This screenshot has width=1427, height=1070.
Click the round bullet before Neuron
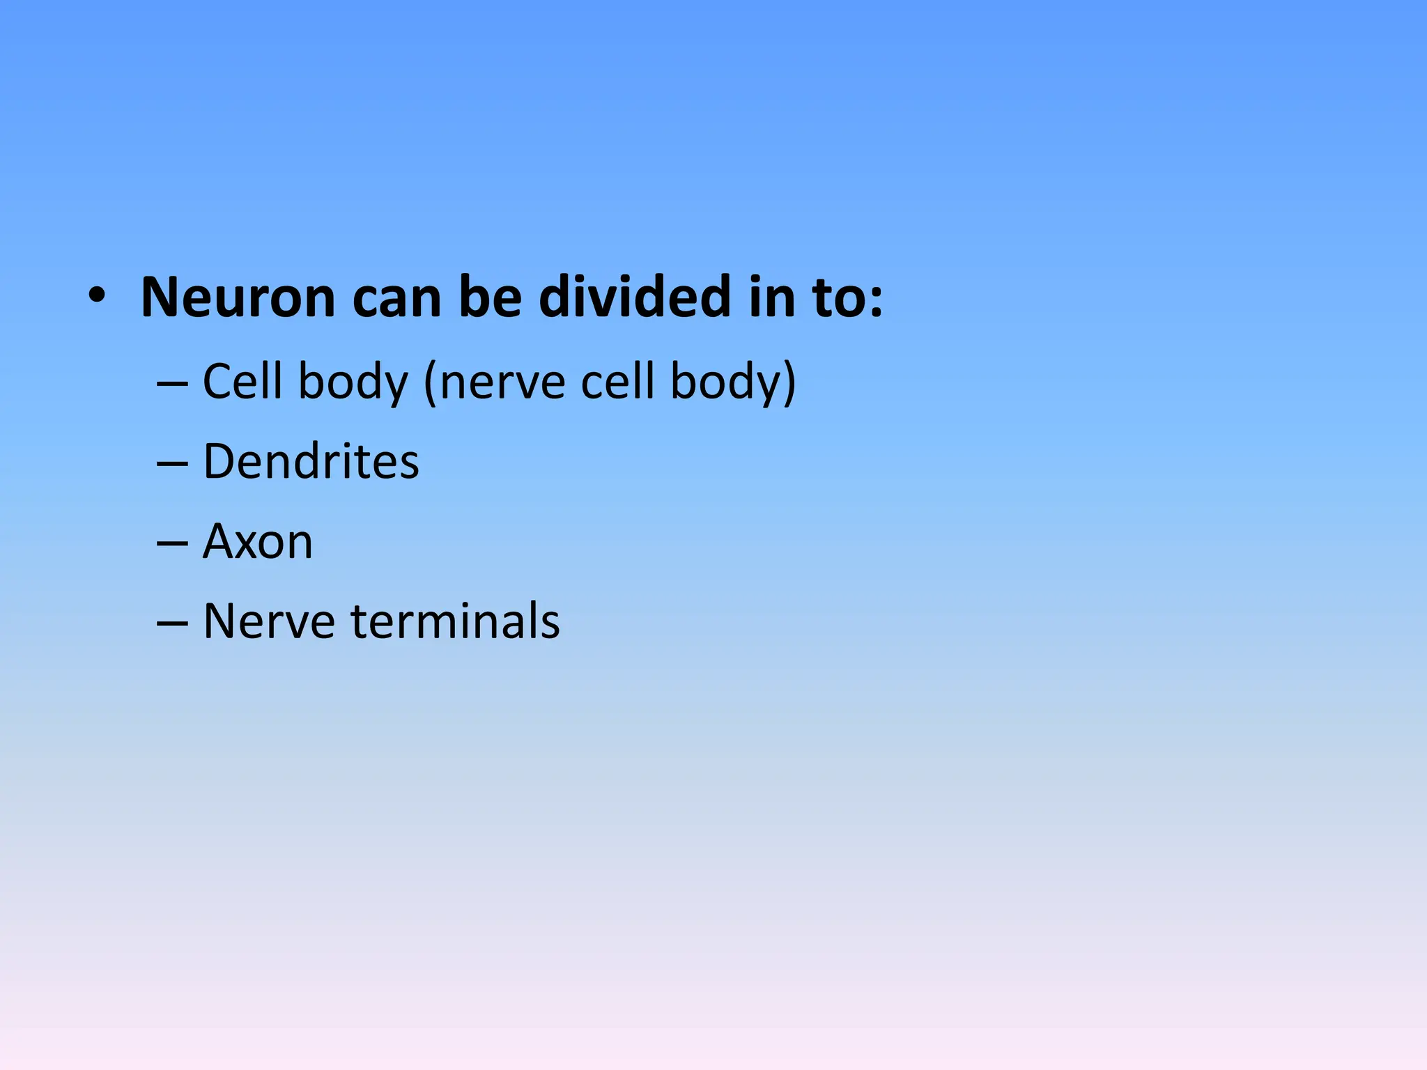(x=97, y=297)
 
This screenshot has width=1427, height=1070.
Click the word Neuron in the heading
(x=238, y=298)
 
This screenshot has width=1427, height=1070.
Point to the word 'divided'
(x=635, y=298)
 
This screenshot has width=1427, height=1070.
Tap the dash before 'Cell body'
(x=172, y=383)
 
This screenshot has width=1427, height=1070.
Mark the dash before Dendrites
(x=172, y=463)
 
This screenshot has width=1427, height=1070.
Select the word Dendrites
(x=311, y=461)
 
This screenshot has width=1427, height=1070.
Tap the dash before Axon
(x=172, y=543)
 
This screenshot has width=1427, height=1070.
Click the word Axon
(x=258, y=542)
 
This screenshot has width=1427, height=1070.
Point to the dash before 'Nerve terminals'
(x=172, y=623)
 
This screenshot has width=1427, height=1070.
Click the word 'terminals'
(x=456, y=621)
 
